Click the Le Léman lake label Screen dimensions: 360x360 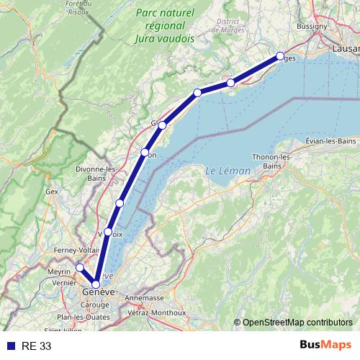228,171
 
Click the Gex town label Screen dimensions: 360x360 52,192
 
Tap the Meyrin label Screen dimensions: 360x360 59,271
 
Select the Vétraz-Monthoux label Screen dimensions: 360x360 158,312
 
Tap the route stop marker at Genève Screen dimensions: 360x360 96,284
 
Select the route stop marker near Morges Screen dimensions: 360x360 280,55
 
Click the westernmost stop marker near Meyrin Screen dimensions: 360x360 80,268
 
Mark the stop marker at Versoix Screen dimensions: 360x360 108,232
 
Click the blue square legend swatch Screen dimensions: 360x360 10,346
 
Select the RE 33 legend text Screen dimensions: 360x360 37,346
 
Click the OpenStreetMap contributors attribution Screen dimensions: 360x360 297,323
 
